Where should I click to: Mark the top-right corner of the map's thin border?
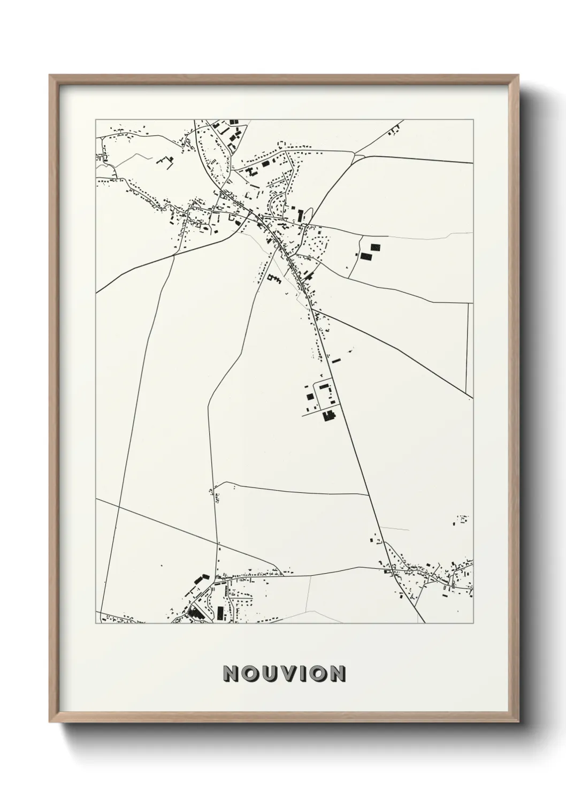pyautogui.click(x=473, y=119)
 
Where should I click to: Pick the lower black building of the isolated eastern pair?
pyautogui.click(x=366, y=256)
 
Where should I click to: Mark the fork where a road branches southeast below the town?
pyautogui.click(x=312, y=309)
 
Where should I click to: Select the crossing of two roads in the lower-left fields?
pyautogui.click(x=218, y=546)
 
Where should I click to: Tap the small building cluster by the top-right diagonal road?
pyautogui.click(x=396, y=128)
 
